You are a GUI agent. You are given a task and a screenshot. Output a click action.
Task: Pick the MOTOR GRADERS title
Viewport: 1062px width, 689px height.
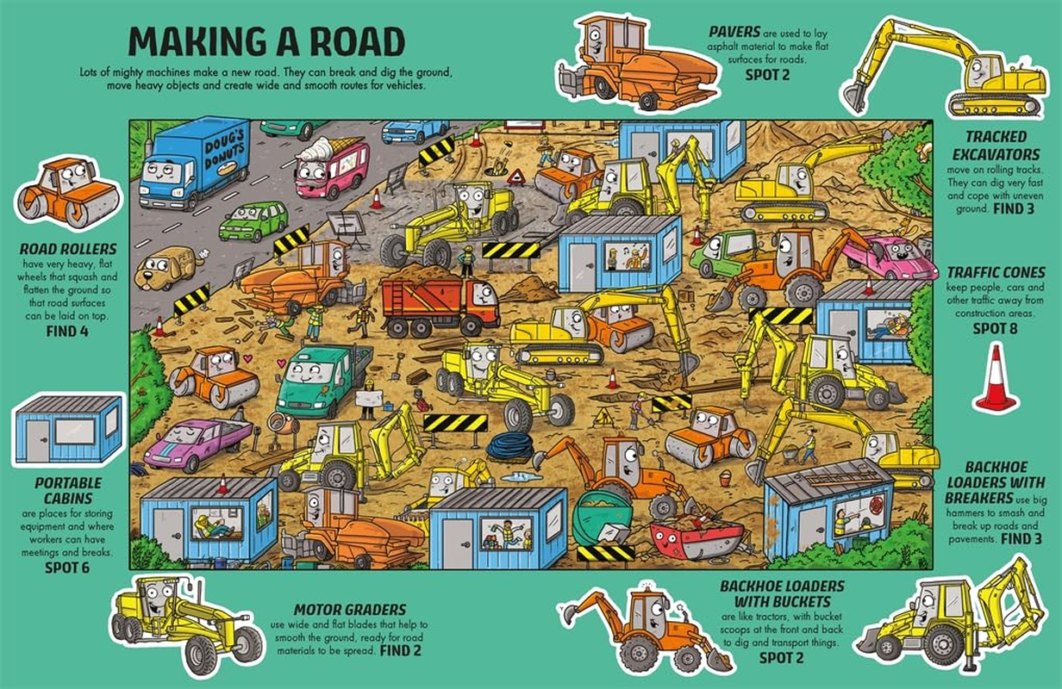[350, 610]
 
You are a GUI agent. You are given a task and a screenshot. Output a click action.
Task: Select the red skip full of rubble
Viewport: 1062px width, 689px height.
[697, 539]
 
